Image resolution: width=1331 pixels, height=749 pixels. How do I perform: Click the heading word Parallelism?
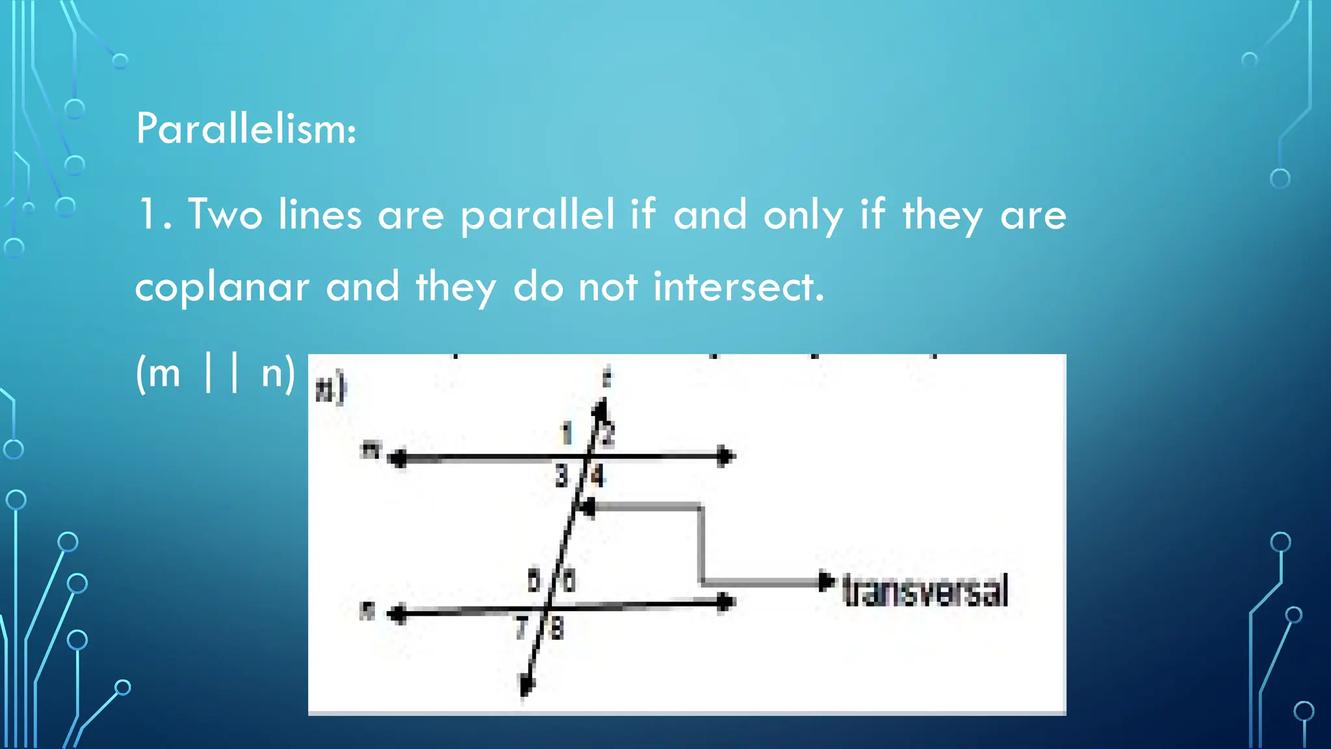(246, 129)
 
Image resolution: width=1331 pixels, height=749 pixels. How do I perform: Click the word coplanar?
(222, 287)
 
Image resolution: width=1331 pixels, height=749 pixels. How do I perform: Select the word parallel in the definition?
(537, 215)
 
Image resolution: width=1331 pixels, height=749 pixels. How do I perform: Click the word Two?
(225, 215)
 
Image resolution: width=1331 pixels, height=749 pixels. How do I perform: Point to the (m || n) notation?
(215, 373)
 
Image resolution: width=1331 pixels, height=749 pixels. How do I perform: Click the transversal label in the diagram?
(924, 590)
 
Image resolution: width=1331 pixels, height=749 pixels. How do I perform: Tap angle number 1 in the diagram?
(567, 433)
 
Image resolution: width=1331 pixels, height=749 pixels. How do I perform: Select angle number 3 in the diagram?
(562, 477)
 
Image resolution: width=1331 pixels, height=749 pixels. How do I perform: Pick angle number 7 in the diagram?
(521, 628)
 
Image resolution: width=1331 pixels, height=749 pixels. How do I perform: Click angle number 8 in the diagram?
(557, 629)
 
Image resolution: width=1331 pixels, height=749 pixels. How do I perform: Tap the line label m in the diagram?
(370, 449)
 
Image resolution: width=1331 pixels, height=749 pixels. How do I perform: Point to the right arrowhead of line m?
(725, 456)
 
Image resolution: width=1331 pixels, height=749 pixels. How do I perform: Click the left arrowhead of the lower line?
(397, 614)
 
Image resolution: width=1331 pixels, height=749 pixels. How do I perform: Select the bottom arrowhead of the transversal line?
(525, 685)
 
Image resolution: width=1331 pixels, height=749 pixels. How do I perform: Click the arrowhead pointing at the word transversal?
(825, 581)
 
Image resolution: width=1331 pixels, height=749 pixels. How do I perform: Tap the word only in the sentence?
(803, 215)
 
